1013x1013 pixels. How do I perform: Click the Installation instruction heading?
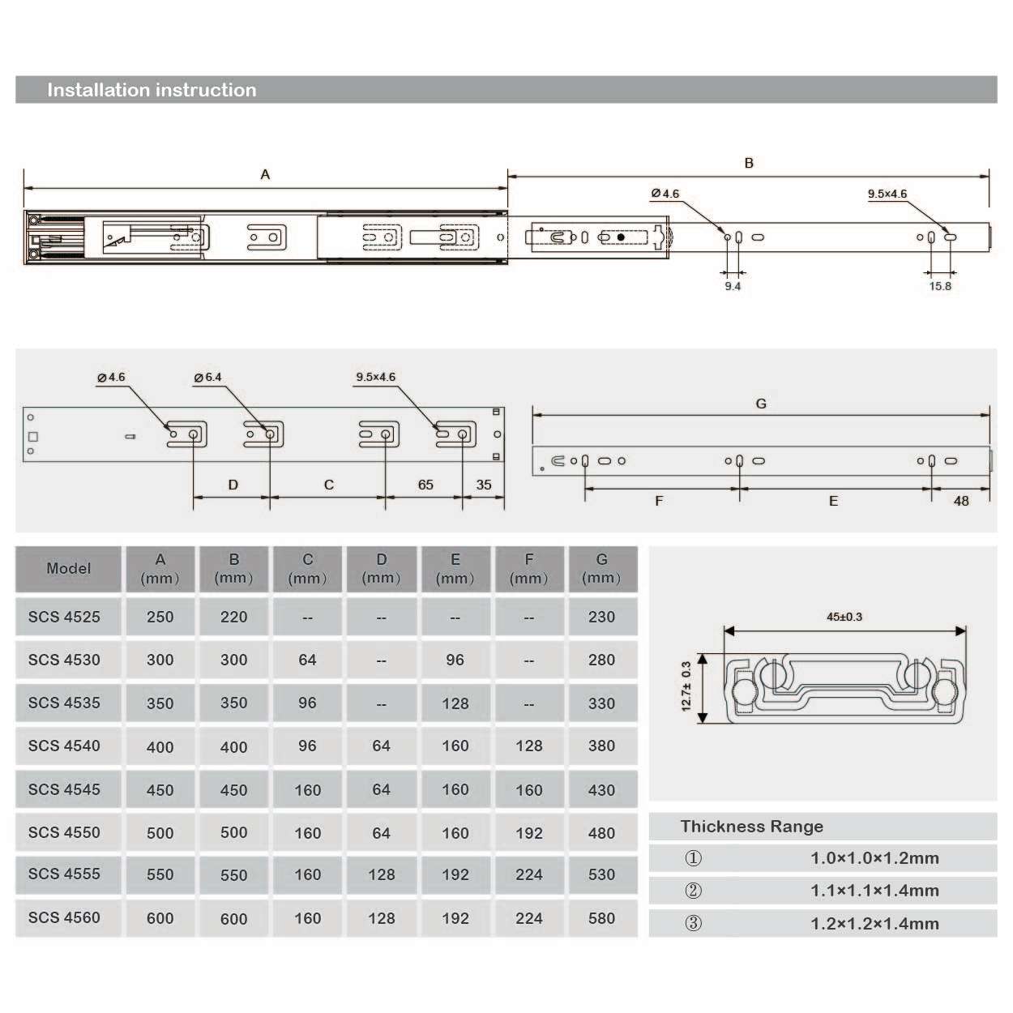click(x=152, y=90)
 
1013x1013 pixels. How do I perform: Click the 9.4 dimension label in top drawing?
click(x=733, y=286)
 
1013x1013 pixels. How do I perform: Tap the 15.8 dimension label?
click(x=940, y=286)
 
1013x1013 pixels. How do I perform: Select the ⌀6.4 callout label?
click(x=207, y=377)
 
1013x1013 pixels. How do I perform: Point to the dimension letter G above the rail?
click(x=761, y=404)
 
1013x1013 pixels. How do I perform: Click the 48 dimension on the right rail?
click(x=961, y=501)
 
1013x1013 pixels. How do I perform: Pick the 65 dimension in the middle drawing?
click(x=425, y=485)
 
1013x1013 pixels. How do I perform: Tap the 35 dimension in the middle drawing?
click(x=484, y=485)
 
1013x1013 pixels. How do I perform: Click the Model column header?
click(x=68, y=568)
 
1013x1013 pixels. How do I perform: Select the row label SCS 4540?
click(x=65, y=746)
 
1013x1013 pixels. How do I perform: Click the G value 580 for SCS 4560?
click(x=601, y=918)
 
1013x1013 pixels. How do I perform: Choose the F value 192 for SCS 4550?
click(x=528, y=832)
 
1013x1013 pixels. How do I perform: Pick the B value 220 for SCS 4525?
click(x=233, y=617)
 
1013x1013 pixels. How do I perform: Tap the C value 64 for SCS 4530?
click(x=307, y=660)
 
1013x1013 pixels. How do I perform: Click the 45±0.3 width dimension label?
click(x=844, y=617)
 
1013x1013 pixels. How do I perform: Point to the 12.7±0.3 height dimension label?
click(x=686, y=686)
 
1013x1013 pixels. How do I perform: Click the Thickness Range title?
click(x=751, y=827)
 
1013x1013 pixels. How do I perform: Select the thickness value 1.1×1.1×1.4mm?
click(x=874, y=891)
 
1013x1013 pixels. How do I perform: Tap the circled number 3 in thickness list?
click(x=694, y=923)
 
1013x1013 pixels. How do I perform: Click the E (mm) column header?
click(x=455, y=568)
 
